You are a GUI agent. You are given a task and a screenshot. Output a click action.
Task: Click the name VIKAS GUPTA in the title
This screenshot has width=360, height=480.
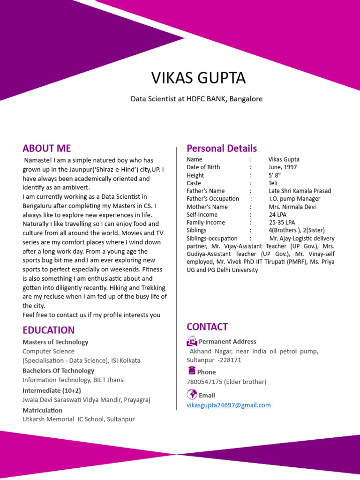[x=198, y=78]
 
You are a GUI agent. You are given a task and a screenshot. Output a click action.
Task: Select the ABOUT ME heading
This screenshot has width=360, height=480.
[x=46, y=149]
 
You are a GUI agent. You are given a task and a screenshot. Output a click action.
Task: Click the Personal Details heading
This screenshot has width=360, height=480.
[x=222, y=149]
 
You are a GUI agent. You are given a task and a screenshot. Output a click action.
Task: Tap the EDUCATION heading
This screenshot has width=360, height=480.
[x=48, y=330]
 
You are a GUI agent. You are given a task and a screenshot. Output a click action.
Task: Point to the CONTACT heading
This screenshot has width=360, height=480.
[x=207, y=327]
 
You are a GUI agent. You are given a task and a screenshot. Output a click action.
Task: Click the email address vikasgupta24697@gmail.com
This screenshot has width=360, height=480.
[x=229, y=405]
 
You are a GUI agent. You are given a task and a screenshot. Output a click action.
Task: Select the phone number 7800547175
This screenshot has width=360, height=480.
[x=204, y=382]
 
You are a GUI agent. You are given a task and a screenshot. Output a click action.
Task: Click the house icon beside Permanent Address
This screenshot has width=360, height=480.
[x=192, y=341]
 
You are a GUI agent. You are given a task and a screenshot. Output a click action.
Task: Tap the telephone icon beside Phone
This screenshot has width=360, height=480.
[x=191, y=371]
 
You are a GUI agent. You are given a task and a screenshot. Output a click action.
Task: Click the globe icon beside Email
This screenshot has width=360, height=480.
[x=192, y=394]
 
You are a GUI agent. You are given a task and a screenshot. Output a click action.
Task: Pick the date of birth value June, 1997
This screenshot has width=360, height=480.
[x=283, y=167]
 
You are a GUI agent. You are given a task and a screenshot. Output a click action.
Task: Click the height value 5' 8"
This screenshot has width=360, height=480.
[x=275, y=175]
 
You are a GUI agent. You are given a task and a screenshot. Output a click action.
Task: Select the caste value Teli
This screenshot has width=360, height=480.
[x=273, y=183]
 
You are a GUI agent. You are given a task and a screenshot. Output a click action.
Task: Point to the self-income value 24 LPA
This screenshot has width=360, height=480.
[x=278, y=215]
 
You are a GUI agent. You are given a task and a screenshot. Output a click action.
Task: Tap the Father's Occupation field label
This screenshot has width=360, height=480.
[x=212, y=199]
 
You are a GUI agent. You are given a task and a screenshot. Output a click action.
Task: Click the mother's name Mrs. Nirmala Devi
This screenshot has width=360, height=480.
[x=292, y=207]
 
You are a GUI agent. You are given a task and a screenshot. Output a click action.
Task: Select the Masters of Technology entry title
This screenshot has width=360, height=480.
[x=55, y=342]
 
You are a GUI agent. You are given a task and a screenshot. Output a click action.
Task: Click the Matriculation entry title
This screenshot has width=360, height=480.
[x=42, y=410]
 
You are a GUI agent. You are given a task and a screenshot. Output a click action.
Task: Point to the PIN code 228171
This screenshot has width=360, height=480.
[x=230, y=360]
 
